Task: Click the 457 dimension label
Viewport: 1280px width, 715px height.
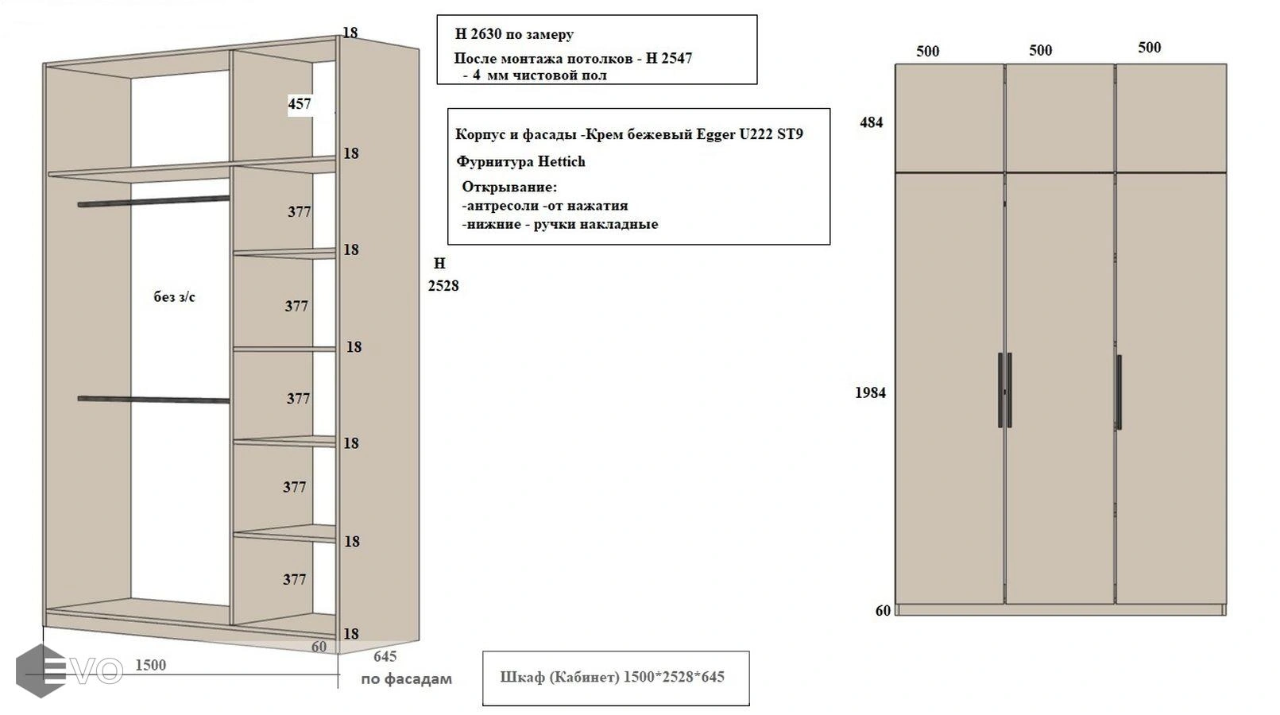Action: (300, 104)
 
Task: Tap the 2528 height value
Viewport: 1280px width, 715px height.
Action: (443, 286)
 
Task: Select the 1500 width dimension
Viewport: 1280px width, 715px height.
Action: (150, 665)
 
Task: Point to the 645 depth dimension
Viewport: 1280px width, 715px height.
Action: (385, 656)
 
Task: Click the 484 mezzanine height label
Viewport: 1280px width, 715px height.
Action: (872, 122)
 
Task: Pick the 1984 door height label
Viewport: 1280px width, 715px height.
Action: (870, 392)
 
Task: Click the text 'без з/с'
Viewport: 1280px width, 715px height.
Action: (174, 297)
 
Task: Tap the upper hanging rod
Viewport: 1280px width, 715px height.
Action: (153, 202)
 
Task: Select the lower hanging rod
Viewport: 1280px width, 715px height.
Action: (153, 399)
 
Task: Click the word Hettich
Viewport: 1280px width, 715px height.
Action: (562, 161)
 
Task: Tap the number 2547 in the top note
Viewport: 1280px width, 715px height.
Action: (675, 58)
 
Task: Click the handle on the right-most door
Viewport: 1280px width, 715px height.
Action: (1119, 392)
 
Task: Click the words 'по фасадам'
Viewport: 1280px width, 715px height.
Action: (406, 679)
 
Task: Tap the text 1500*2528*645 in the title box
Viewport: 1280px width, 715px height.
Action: (674, 677)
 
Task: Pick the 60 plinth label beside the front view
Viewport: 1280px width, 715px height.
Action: (883, 611)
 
